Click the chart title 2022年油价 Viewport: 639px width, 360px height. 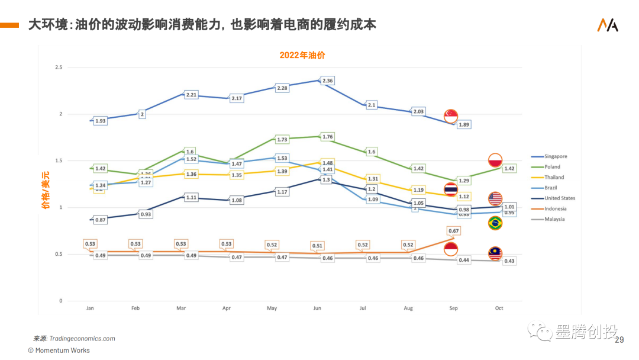tap(302, 55)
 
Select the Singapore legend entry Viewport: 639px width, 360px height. tap(556, 156)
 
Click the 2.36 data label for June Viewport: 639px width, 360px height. tap(327, 81)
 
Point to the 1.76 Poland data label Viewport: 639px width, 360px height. tap(327, 137)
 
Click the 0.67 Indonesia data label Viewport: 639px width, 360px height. tap(454, 231)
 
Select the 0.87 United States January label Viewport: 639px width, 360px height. tap(101, 220)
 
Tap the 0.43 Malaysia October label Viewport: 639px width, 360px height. tap(509, 261)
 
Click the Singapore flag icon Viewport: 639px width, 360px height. tap(451, 116)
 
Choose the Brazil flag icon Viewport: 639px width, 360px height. tap(495, 223)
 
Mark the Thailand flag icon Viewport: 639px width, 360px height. tap(451, 189)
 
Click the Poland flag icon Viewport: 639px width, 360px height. tap(495, 160)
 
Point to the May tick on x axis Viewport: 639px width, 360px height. tap(272, 308)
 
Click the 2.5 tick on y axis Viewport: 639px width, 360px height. tap(58, 67)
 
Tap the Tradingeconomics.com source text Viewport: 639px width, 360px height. tap(82, 339)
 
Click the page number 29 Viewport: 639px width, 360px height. tap(620, 340)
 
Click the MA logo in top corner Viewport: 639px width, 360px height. tap(608, 25)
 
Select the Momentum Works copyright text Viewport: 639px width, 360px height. tap(59, 351)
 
